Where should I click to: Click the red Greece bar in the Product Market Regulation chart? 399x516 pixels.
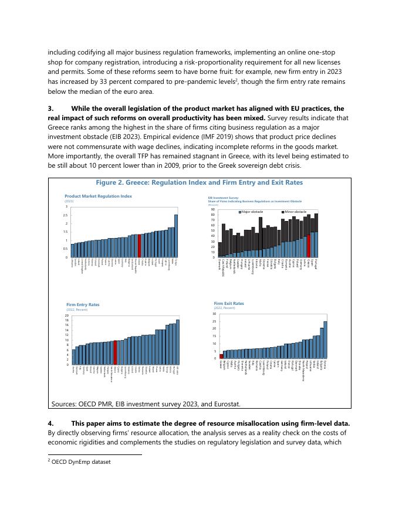(x=139, y=246)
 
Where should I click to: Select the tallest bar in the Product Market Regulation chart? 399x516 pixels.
(x=176, y=236)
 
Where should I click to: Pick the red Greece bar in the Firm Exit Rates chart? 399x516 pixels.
(x=221, y=356)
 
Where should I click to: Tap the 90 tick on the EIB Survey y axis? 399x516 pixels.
(x=214, y=209)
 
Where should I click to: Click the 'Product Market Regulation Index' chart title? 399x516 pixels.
(x=98, y=196)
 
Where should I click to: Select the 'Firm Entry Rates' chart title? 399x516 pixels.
(x=83, y=304)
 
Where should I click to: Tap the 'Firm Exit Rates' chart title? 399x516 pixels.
(x=229, y=303)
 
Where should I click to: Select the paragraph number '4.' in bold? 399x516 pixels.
(x=51, y=423)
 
